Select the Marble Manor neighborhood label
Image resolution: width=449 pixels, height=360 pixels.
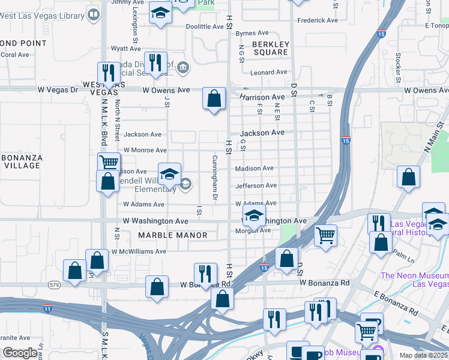click(x=173, y=235)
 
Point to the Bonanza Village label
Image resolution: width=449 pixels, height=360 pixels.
click(x=22, y=161)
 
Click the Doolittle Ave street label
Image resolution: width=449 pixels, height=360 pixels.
click(x=204, y=27)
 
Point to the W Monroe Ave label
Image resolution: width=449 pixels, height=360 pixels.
click(x=145, y=150)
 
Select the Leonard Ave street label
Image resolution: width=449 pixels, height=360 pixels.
click(x=269, y=72)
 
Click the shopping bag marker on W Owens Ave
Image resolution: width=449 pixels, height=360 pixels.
click(x=214, y=98)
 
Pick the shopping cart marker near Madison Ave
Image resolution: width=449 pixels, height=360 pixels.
click(x=109, y=163)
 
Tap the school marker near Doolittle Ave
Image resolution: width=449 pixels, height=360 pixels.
click(x=160, y=13)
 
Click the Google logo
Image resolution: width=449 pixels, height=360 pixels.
click(x=20, y=353)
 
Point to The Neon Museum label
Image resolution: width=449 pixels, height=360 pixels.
click(x=415, y=280)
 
